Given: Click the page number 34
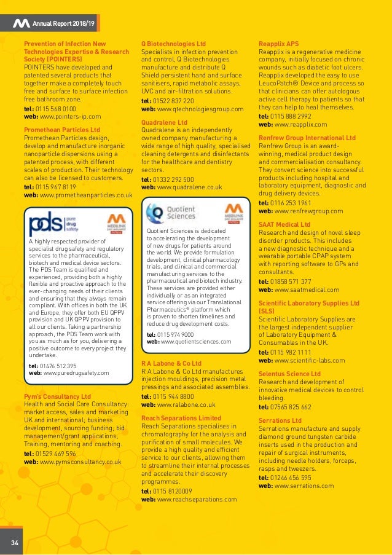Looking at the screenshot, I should [14, 541].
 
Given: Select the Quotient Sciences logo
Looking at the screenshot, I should [171, 213].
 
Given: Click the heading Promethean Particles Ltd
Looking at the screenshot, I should [61, 130].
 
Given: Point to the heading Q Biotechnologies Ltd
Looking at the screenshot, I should [173, 44].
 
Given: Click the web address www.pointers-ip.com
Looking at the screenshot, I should [70, 116].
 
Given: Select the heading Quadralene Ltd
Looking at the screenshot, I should [164, 123].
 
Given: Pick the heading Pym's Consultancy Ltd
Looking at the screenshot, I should [57, 396].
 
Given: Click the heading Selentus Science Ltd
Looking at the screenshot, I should [290, 374].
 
